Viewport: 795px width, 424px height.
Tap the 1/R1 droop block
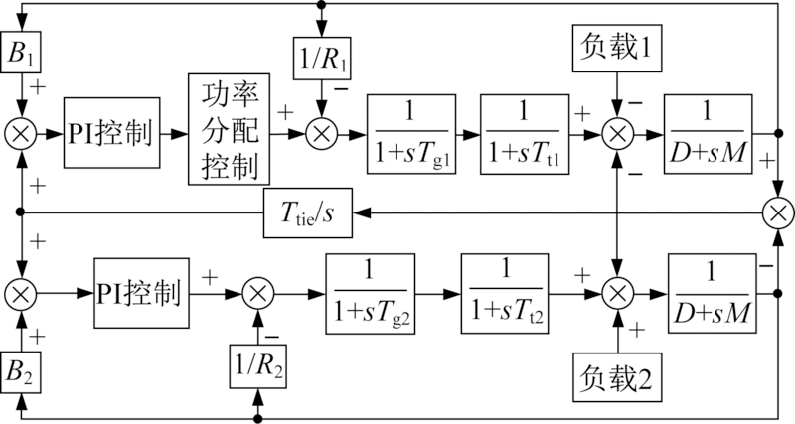click(x=320, y=57)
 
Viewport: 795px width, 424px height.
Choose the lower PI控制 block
click(x=140, y=292)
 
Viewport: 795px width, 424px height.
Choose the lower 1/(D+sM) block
click(x=710, y=292)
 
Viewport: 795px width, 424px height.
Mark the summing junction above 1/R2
click(x=258, y=292)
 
